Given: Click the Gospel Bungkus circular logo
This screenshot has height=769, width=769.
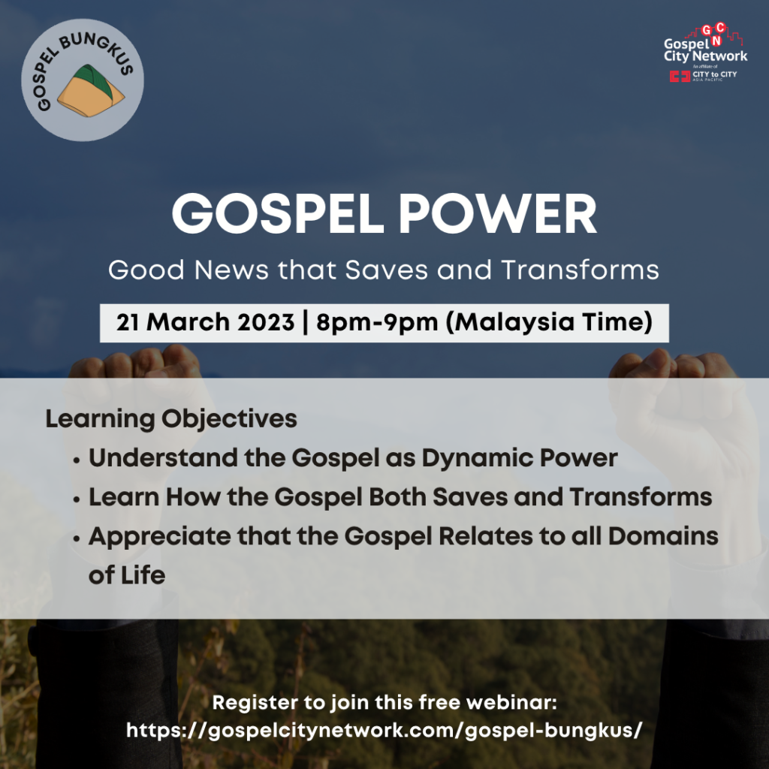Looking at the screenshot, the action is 83,80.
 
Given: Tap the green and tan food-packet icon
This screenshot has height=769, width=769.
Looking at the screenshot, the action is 91,91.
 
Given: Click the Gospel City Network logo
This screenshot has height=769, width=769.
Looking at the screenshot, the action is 705,53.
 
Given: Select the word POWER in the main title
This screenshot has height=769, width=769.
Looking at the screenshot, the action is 497,214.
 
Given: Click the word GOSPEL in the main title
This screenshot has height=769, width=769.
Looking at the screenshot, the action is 278,214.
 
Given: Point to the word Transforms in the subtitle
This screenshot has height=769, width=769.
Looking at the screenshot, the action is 581,270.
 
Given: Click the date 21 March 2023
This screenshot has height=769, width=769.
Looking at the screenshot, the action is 205,322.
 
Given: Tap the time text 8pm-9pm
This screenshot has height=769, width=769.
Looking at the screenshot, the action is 377,323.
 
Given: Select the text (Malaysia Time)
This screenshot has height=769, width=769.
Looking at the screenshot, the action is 549,323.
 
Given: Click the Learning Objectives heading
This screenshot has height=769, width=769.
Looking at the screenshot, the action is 171,419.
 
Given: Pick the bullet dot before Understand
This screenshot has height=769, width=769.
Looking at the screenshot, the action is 76,460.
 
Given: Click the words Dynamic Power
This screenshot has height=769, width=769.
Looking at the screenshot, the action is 520,458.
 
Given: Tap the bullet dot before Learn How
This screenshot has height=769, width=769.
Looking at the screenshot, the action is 76,499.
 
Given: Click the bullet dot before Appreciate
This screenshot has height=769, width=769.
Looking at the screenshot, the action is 76,539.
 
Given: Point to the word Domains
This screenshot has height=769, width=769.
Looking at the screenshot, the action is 664,536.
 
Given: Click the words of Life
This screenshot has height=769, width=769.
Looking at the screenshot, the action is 127,574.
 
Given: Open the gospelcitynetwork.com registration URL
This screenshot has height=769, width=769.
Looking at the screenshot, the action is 384,731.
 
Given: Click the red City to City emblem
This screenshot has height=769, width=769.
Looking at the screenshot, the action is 680,76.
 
